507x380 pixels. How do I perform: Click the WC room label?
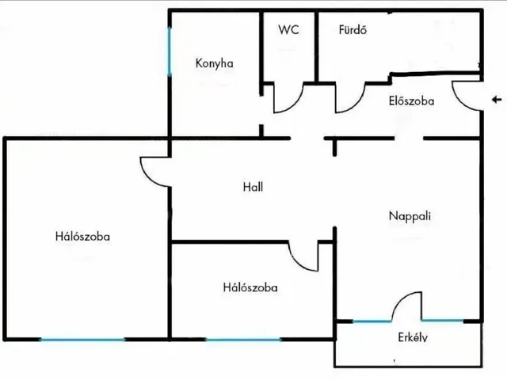pos(288,29)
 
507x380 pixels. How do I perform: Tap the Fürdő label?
pos(353,29)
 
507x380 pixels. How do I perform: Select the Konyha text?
pos(215,63)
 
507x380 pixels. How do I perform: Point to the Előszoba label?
pos(411,101)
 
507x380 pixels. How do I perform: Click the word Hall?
pos(253,187)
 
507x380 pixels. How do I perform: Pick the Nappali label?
pos(410,216)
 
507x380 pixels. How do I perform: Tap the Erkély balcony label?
pos(413,337)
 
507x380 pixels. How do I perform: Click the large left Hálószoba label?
pos(82,236)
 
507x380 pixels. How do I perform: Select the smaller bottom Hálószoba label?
pos(250,287)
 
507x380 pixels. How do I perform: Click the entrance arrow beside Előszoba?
pos(497,100)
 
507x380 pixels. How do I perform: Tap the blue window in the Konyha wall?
pos(169,51)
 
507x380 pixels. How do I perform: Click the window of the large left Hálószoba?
pos(82,340)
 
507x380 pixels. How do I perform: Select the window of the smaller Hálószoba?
pos(243,340)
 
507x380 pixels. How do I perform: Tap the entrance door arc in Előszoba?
pos(459,101)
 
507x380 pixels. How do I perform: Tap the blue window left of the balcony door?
pos(372,321)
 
